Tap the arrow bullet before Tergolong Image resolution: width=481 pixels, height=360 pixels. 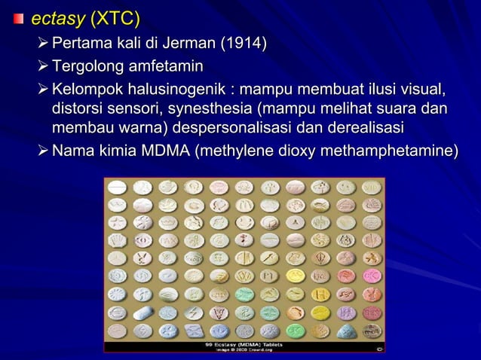click(x=43, y=62)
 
